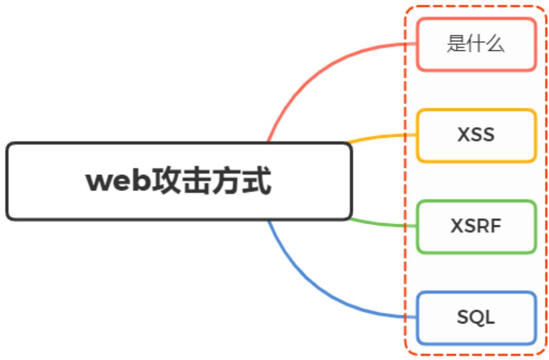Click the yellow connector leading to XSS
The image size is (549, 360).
tap(381, 137)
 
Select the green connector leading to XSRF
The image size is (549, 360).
tap(381, 224)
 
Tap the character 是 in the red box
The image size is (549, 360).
tap(456, 44)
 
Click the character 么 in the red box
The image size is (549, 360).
tap(495, 44)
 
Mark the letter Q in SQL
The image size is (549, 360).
tap(476, 318)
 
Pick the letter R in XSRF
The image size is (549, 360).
tap(485, 226)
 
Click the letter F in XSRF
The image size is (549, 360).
tap(497, 226)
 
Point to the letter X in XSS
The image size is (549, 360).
tap(464, 135)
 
